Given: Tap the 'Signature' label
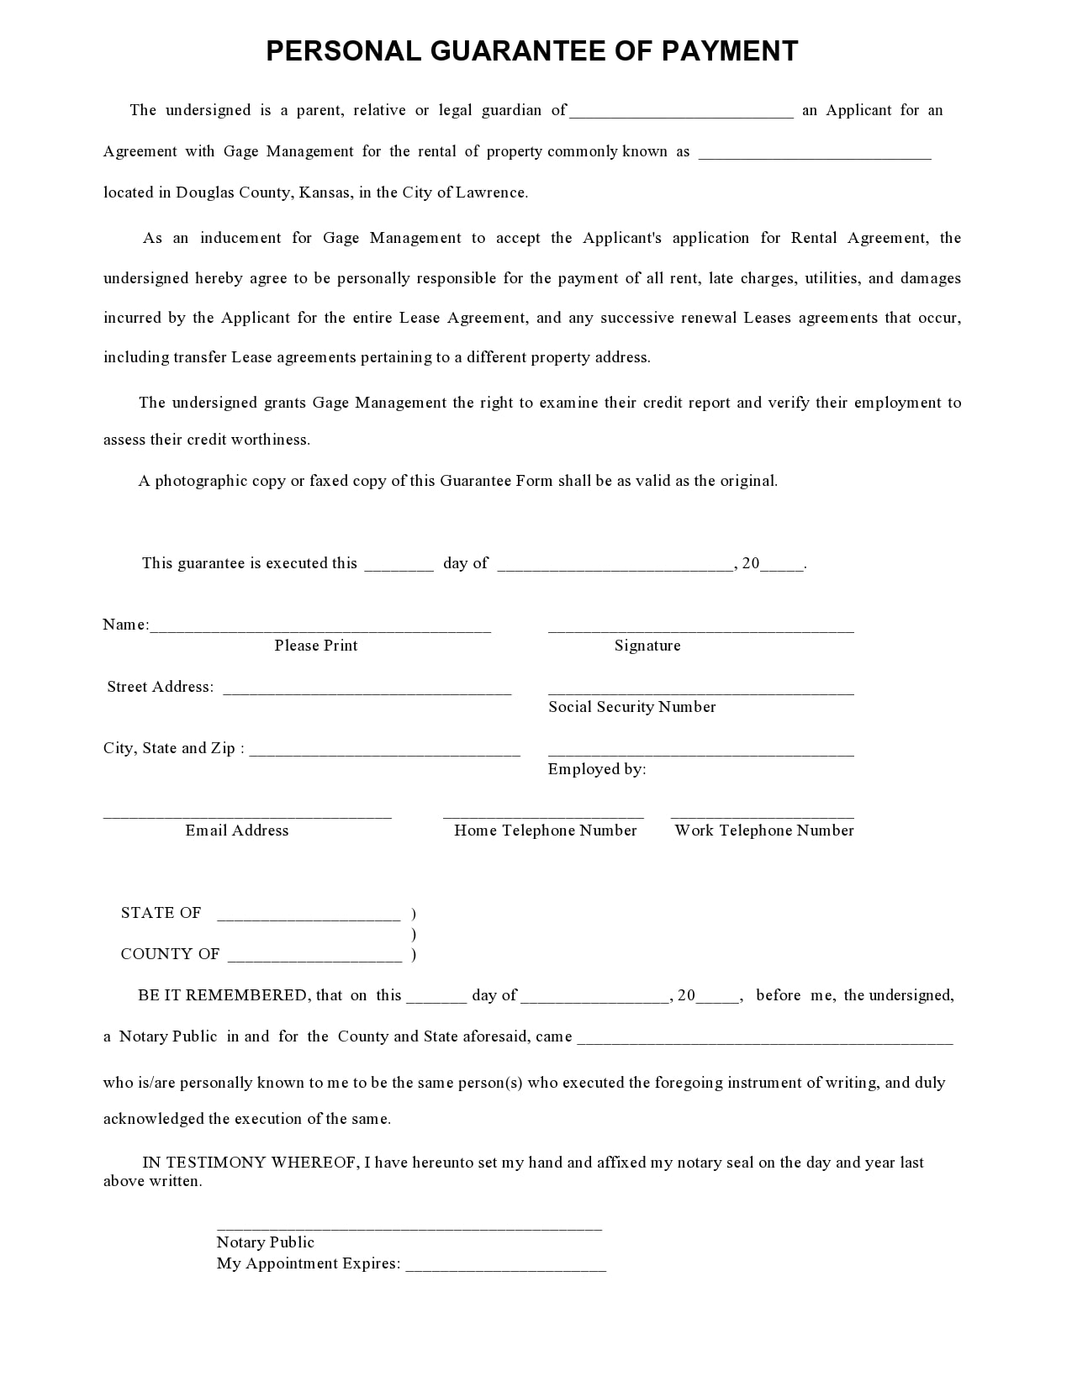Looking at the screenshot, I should point(647,646).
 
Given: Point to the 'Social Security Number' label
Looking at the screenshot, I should point(632,707).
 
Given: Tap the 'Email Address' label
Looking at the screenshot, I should point(237,831).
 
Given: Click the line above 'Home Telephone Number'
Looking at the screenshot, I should point(543,815).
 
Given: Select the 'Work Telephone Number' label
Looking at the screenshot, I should point(764,831).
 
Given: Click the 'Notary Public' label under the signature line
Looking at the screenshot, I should point(266,1242).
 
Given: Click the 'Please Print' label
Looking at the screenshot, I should point(316,646).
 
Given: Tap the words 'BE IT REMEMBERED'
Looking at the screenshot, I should point(223,995).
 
